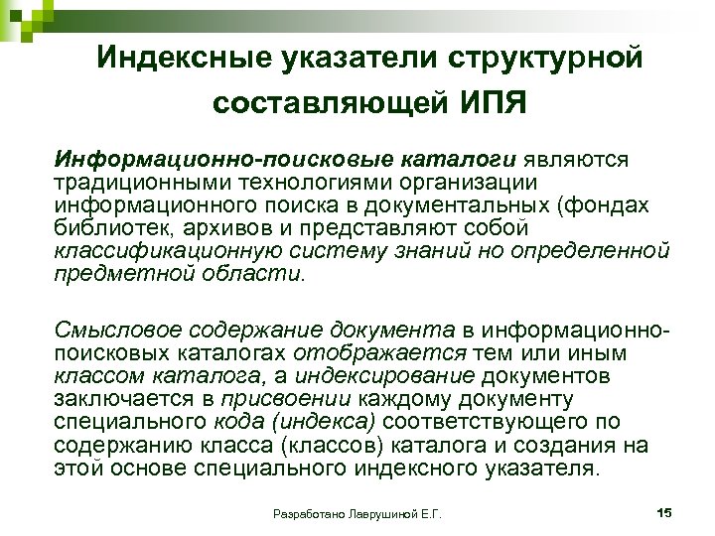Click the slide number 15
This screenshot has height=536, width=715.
[x=664, y=510]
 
